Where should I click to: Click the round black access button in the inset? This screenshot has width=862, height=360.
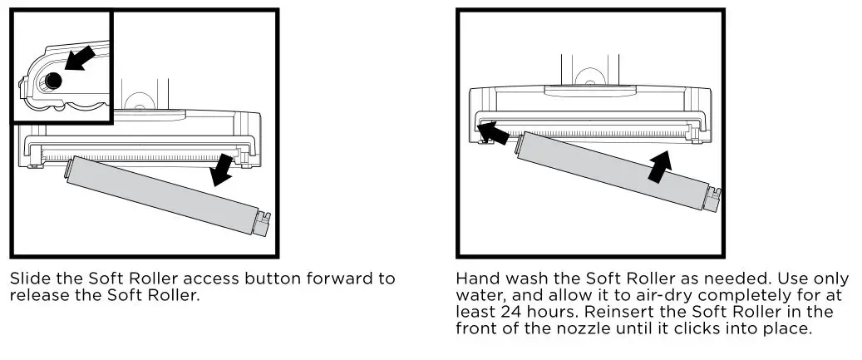click(x=53, y=81)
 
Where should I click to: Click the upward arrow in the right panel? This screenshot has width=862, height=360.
click(x=658, y=165)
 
